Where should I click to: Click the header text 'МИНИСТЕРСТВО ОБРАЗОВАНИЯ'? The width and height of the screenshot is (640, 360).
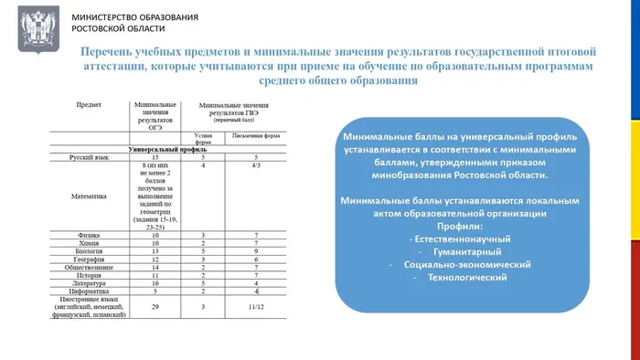pos(133,18)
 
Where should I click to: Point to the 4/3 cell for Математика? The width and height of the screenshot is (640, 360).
pos(257,165)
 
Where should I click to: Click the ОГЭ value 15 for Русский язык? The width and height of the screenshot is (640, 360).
pos(155,157)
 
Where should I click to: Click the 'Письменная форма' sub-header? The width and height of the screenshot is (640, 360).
pos(257,137)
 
